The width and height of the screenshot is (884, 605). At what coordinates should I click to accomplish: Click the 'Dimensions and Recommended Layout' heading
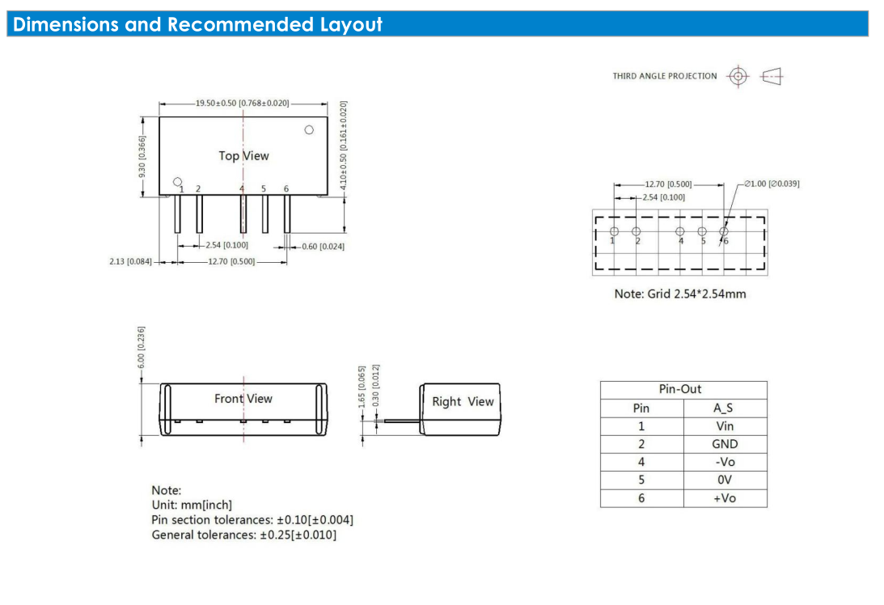point(197,24)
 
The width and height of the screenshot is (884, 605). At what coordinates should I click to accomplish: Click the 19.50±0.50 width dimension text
point(243,104)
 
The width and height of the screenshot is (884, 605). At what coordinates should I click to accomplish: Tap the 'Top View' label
point(243,155)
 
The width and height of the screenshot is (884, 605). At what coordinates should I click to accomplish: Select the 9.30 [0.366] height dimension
point(142,156)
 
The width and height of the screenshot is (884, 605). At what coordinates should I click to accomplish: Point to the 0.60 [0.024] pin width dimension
point(323,247)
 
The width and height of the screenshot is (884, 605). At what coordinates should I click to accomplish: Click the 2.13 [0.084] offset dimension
point(130,261)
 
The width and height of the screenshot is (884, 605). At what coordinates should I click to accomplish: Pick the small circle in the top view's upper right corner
point(309,129)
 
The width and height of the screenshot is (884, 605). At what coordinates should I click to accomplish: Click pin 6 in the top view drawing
point(287,214)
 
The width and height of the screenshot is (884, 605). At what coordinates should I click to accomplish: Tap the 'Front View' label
point(243,399)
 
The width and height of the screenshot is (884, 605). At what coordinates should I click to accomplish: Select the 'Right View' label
point(463,401)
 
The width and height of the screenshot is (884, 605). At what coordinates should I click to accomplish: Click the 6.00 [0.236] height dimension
point(141,347)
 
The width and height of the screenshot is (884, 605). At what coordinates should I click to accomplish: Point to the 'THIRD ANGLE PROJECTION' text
point(665,76)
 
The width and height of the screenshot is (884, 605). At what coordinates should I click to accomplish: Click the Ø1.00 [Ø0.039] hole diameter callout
point(772,184)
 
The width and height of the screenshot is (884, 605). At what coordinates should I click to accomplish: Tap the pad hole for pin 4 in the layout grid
point(680,231)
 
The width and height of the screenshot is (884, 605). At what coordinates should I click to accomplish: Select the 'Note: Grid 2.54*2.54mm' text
point(680,294)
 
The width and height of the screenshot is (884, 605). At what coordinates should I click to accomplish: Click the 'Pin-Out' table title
point(680,389)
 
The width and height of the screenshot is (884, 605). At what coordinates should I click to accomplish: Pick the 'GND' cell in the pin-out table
point(725,444)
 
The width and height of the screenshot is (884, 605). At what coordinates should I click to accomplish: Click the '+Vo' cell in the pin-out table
point(725,498)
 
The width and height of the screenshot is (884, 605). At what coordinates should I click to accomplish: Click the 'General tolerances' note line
point(243,535)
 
